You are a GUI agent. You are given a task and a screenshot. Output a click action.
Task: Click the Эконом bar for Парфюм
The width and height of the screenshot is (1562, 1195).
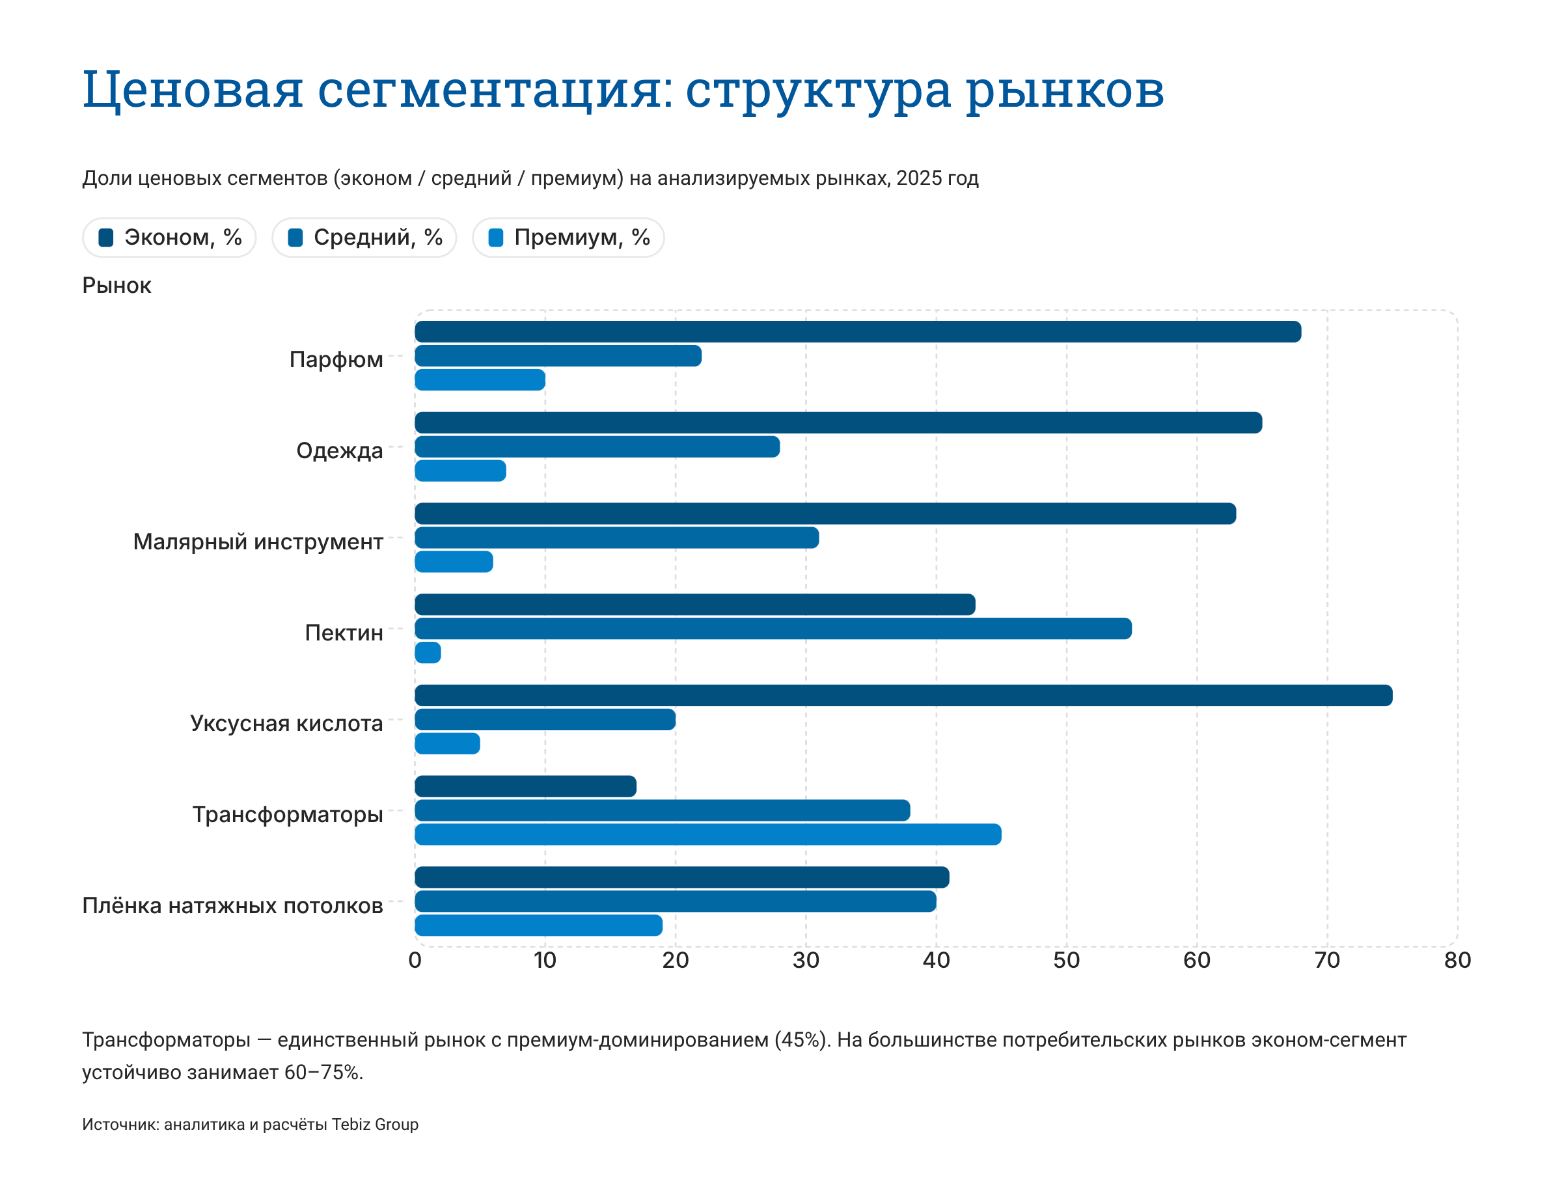857,332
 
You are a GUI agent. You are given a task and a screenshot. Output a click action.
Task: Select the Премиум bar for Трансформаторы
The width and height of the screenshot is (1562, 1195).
707,835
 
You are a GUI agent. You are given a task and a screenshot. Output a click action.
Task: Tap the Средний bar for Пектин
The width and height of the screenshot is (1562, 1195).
773,629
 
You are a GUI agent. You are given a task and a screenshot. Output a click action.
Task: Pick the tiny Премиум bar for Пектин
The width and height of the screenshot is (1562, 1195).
428,653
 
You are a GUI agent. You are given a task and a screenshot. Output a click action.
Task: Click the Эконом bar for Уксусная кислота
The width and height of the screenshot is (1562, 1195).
903,696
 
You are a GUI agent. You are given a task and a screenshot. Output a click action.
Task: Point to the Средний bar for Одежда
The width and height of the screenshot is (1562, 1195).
597,446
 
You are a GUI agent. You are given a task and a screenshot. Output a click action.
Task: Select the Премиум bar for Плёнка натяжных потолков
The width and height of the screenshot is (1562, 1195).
538,926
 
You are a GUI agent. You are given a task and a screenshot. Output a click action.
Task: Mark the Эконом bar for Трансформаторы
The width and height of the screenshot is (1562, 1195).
526,787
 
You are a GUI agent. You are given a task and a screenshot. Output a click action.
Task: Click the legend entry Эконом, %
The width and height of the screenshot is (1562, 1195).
170,238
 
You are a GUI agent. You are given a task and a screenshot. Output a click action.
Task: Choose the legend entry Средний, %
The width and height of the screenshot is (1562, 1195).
365,238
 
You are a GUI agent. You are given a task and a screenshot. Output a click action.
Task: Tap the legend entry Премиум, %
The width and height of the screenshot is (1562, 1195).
569,238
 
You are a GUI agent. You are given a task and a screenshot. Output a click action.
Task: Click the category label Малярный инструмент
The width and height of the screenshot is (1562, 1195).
258,542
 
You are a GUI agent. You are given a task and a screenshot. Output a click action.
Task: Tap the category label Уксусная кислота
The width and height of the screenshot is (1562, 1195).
286,723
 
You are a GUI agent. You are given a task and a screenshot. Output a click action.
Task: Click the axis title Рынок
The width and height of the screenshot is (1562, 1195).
116,286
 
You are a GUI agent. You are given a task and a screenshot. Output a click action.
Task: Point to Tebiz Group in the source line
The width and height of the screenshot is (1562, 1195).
375,1125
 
